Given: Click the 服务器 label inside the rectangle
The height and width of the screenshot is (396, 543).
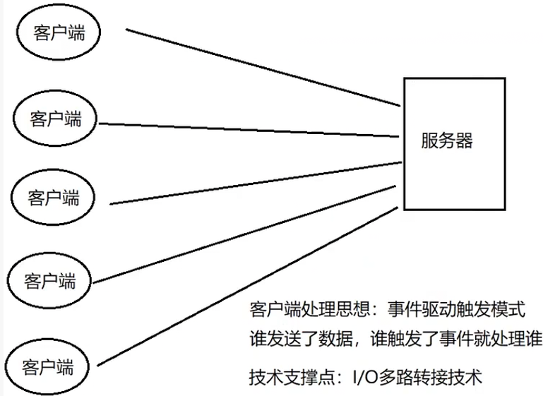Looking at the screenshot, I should click(x=446, y=140).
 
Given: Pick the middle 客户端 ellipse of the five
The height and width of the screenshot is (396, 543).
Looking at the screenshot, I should click(x=54, y=196).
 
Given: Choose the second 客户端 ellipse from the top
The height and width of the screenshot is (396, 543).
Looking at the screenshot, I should click(x=56, y=118).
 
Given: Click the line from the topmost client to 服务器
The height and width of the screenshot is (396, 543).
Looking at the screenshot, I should click(x=261, y=68).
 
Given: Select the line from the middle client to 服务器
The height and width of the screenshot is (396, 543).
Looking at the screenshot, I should click(x=254, y=184).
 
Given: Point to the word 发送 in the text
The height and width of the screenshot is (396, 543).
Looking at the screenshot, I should click(x=280, y=339).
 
